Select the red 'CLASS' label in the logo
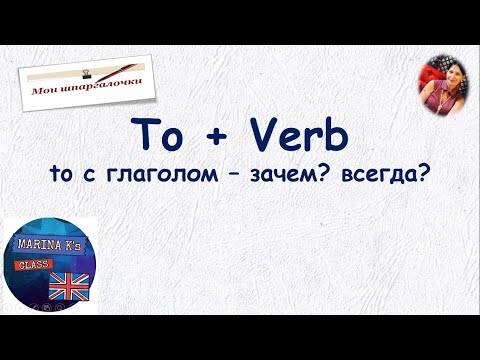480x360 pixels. (33, 267)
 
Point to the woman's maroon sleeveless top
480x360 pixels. (440, 100)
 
